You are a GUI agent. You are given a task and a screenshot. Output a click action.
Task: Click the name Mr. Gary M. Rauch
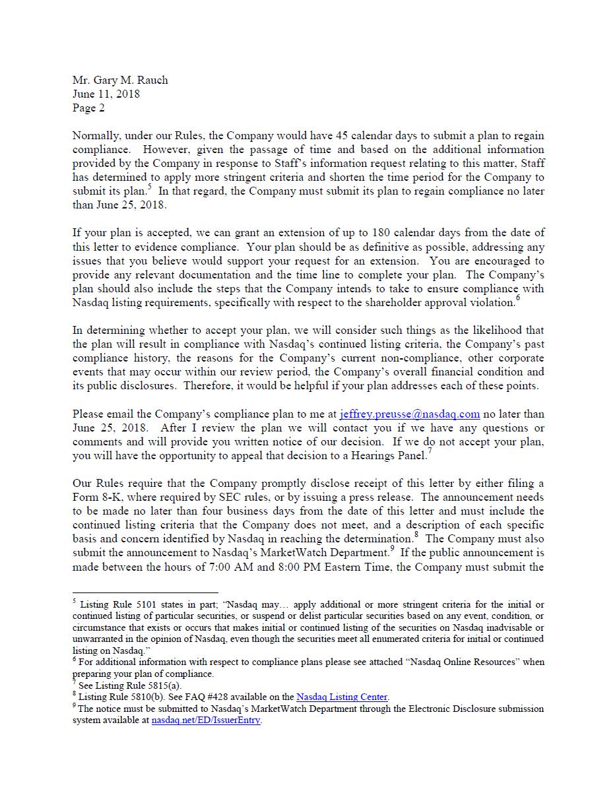(120, 80)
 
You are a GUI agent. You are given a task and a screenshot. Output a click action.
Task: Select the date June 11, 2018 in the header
(106, 94)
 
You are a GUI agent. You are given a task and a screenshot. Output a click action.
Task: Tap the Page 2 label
(88, 108)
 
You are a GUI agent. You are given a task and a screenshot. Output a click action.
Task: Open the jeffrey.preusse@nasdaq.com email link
(409, 414)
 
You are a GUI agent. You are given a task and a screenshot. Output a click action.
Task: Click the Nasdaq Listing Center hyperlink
(342, 697)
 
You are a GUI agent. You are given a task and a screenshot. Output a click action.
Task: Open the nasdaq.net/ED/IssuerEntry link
(206, 720)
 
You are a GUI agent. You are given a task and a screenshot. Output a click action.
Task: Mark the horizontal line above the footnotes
(145, 592)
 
